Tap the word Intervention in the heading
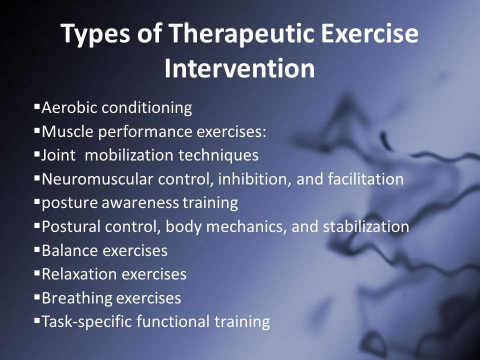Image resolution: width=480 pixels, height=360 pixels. click(239, 68)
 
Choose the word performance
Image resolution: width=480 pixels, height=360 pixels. click(145, 132)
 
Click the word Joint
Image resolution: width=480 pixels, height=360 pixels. click(58, 155)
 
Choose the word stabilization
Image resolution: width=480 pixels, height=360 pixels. click(366, 226)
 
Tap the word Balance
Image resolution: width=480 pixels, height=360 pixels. click(70, 250)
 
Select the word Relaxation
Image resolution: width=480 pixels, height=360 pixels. click(79, 274)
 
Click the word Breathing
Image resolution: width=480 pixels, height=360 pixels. click(76, 298)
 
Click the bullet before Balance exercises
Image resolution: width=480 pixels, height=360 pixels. click(37, 250)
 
